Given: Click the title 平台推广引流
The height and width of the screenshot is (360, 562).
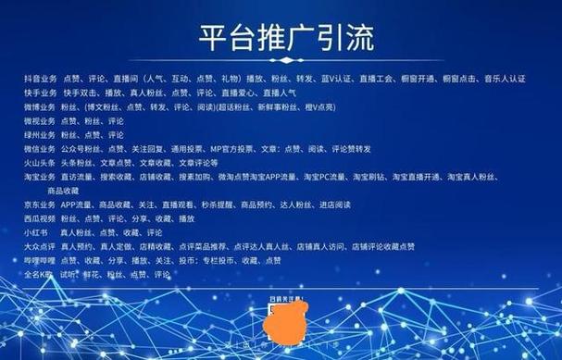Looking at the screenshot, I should point(281,40).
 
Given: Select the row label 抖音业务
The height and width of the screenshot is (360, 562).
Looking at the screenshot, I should point(40,80).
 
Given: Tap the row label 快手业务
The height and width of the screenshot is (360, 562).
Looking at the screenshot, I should point(40,93).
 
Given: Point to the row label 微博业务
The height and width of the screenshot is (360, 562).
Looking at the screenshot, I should point(40,106).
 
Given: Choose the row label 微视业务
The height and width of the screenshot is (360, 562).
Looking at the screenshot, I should point(40,120).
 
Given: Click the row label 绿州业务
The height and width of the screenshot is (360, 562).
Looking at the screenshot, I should point(40,134).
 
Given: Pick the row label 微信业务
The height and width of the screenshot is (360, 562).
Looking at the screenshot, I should point(40,148).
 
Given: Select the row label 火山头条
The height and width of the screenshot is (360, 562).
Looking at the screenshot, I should point(40,162).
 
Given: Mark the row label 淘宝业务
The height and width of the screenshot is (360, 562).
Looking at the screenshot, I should point(40,176).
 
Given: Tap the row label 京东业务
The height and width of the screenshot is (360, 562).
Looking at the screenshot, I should point(40,204).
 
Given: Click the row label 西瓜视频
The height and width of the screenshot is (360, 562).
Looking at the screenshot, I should point(40,217).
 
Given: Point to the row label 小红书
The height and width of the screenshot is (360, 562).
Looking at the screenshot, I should point(37,232).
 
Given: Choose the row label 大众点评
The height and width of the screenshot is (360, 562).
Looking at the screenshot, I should point(40,247).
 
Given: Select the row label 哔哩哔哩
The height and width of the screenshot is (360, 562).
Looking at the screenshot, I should point(40,261).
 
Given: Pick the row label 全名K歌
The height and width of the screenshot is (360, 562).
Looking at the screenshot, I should point(40,275).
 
